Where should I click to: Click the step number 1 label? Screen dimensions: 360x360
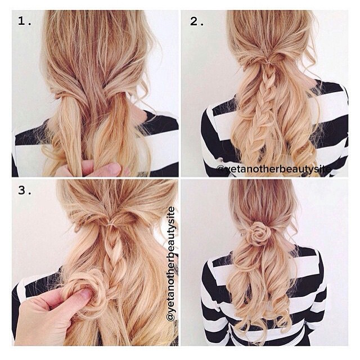pos(24,21)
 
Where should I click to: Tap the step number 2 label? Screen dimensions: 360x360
pos(197,21)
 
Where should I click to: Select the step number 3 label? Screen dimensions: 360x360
pos(25,190)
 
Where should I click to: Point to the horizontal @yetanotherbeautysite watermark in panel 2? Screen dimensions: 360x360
pos(273,169)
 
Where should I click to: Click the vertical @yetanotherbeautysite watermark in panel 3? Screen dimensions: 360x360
pos(171,264)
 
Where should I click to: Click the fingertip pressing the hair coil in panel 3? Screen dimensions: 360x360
pos(84,294)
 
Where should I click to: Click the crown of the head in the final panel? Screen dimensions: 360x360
pos(260,195)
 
